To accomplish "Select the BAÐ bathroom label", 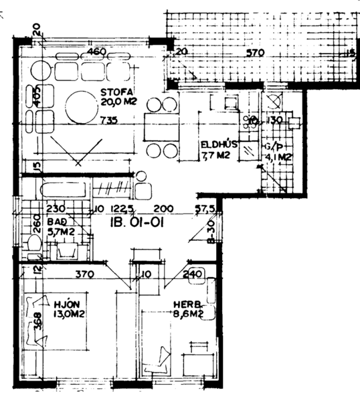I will tap(59, 221).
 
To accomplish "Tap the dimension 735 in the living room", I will tap(108, 121).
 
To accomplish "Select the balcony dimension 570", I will tap(256, 53).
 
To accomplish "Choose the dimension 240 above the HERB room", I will tap(192, 274).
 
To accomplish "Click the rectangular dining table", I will tap(161, 126).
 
